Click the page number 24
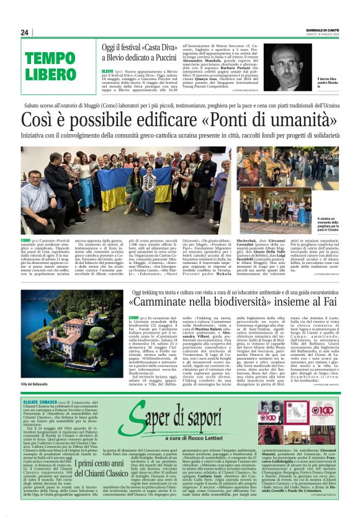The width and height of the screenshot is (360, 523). pyautogui.click(x=25, y=32)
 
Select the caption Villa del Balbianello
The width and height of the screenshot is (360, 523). pyautogui.click(x=34, y=385)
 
